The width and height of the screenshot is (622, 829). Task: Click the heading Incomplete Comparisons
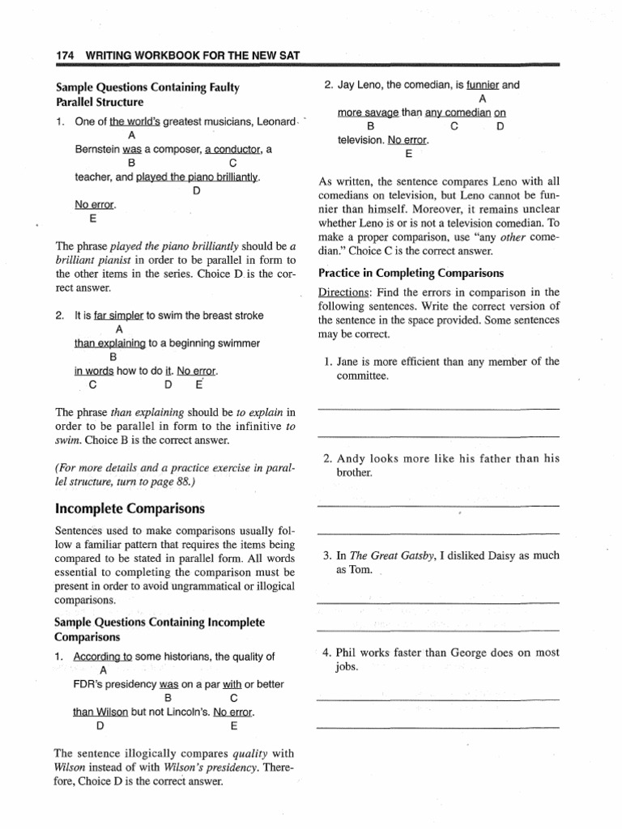(130, 508)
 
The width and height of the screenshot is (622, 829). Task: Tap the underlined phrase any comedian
(454, 112)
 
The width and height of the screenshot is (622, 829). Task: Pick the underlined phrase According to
(102, 657)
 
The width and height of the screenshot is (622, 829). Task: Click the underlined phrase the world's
(134, 121)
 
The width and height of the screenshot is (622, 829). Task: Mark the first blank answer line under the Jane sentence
(438, 409)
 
